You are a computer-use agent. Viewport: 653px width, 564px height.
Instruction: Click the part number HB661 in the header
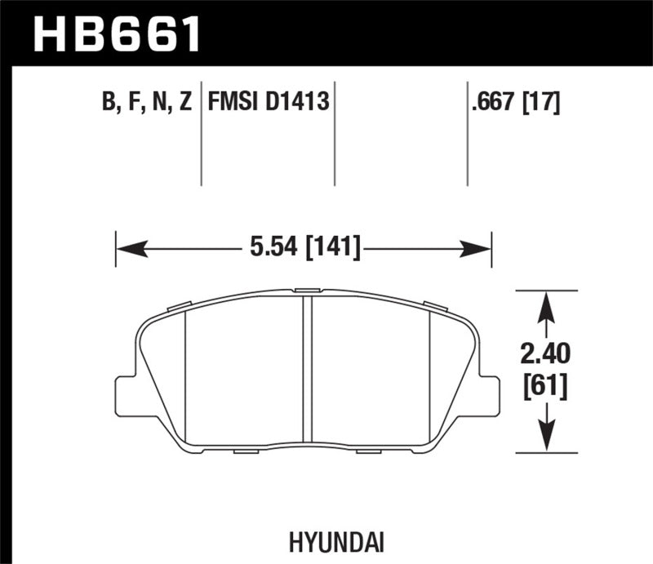coord(113,32)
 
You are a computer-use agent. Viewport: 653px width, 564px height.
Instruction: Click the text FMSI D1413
coord(269,103)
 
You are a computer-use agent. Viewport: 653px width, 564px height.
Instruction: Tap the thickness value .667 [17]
coord(515,103)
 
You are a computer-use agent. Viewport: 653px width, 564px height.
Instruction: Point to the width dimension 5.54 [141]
coord(303,244)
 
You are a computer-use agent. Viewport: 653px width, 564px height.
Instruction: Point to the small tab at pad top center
coord(307,290)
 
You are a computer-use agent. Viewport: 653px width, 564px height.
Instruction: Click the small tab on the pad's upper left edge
coord(179,307)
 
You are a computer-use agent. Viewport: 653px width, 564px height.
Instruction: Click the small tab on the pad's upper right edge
coord(436,306)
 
